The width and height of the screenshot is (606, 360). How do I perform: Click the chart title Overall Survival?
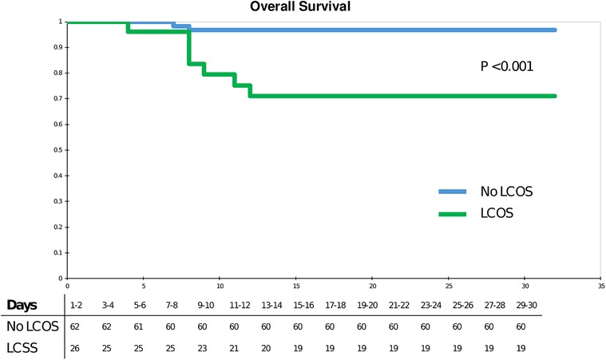303,6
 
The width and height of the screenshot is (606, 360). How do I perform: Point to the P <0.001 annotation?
506,66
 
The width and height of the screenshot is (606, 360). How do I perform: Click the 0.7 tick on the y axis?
59,99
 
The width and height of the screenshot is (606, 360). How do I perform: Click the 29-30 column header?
521,306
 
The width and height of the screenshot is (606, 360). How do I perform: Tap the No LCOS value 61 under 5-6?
141,326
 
